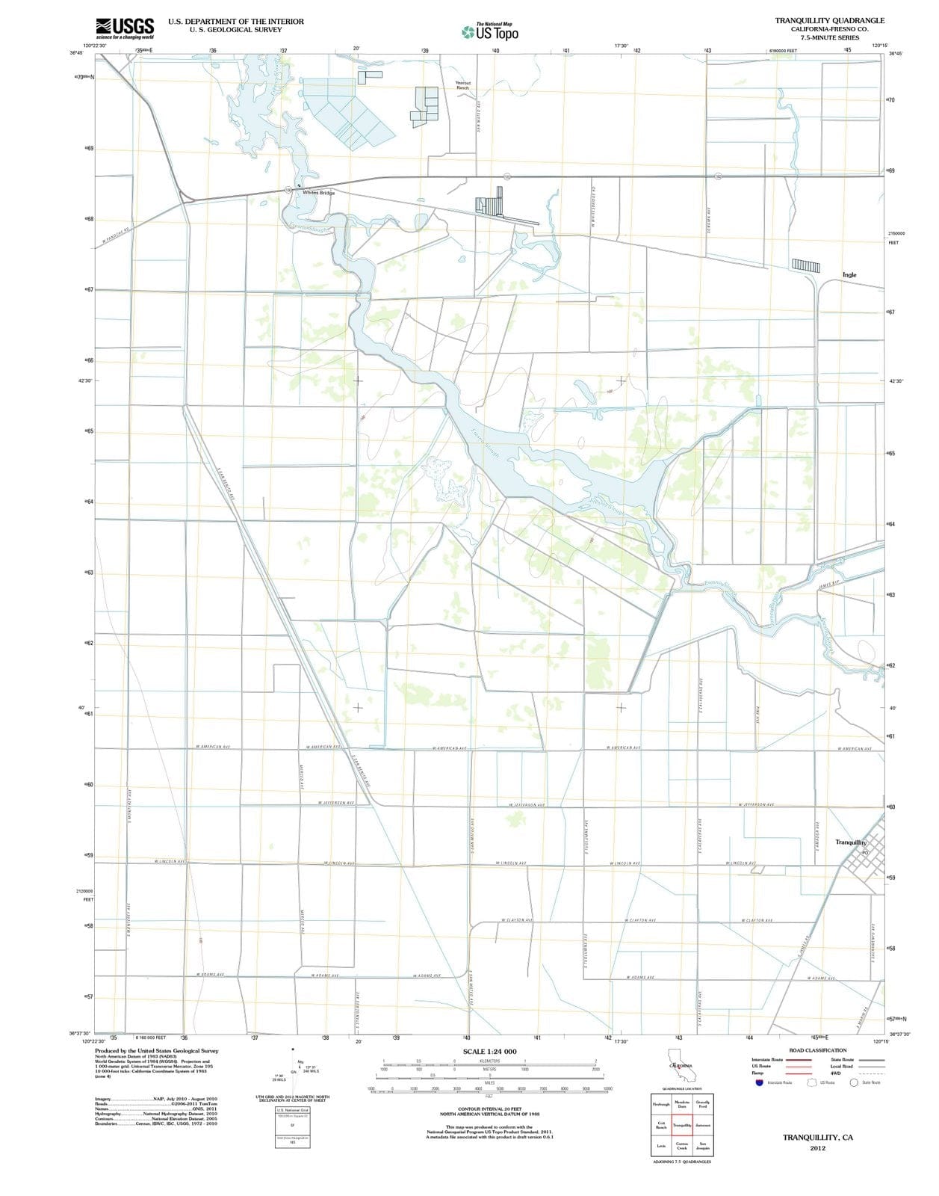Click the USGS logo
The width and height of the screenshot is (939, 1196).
(125, 28)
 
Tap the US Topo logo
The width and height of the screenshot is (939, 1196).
(490, 31)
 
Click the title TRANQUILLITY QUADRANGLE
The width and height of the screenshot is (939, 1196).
(829, 21)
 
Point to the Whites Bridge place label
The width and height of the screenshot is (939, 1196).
(318, 193)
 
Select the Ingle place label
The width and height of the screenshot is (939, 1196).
(849, 275)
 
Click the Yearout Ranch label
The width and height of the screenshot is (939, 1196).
(463, 85)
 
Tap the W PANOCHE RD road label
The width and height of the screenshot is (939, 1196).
(117, 235)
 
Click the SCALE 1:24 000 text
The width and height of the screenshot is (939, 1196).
(489, 1052)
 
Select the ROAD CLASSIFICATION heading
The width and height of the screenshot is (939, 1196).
(818, 1050)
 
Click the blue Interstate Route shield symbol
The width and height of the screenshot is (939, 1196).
(760, 1082)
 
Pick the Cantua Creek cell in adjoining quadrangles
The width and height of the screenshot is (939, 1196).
(682, 1145)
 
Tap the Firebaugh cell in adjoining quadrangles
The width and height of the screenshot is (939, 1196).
(661, 1104)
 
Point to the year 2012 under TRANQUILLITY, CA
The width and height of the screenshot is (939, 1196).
(818, 1148)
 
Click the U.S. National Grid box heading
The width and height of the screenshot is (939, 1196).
(292, 1110)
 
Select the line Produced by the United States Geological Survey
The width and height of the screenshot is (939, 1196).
(157, 1050)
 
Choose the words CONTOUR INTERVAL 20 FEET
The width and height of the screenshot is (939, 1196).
(489, 1109)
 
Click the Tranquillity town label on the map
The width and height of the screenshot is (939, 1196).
(851, 842)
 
